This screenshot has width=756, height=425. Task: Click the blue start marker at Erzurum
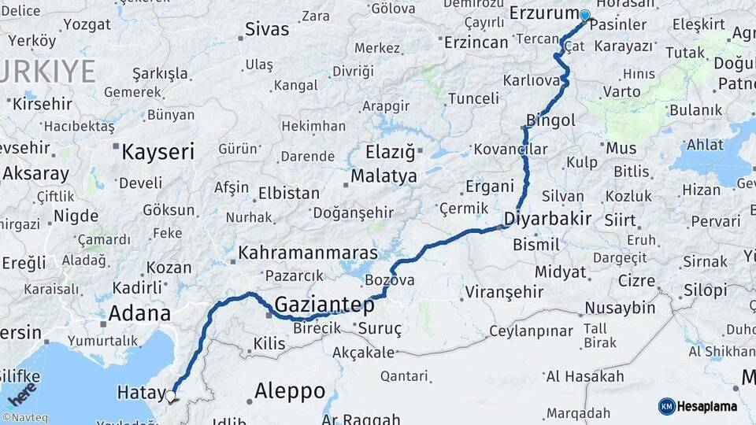[584, 15]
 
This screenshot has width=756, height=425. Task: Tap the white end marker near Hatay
[170, 396]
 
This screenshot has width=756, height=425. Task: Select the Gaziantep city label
[324, 305]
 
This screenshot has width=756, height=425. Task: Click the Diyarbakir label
[547, 218]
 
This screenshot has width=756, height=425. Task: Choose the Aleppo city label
[290, 391]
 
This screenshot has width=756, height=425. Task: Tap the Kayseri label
[157, 152]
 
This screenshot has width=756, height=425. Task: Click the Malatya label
[384, 176]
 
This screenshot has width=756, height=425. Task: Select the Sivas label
[267, 30]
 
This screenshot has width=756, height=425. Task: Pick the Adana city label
[139, 313]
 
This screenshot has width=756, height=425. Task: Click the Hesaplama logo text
[707, 406]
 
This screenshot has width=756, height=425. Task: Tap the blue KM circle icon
[666, 406]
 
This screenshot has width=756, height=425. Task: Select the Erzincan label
[476, 42]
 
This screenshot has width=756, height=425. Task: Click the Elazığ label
[390, 152]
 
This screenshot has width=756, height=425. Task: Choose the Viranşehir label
[504, 292]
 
